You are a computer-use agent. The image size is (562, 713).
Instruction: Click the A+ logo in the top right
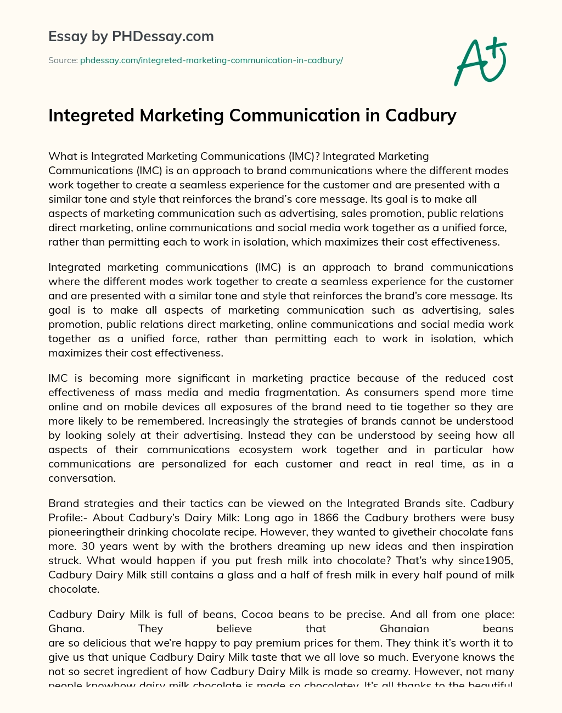pos(480,62)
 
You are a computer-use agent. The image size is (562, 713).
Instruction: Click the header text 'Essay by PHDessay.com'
pos(131,37)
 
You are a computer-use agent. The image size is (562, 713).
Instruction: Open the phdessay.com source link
pos(211,60)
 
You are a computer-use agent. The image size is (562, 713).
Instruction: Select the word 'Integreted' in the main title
pos(91,115)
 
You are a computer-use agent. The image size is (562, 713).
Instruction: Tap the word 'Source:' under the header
pos(63,60)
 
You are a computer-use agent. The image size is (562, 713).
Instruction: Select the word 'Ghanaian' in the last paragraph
pos(404,628)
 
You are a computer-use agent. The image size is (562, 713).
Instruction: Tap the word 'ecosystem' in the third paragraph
pos(266,449)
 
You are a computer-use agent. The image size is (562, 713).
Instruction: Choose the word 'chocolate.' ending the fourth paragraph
pos(74,589)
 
